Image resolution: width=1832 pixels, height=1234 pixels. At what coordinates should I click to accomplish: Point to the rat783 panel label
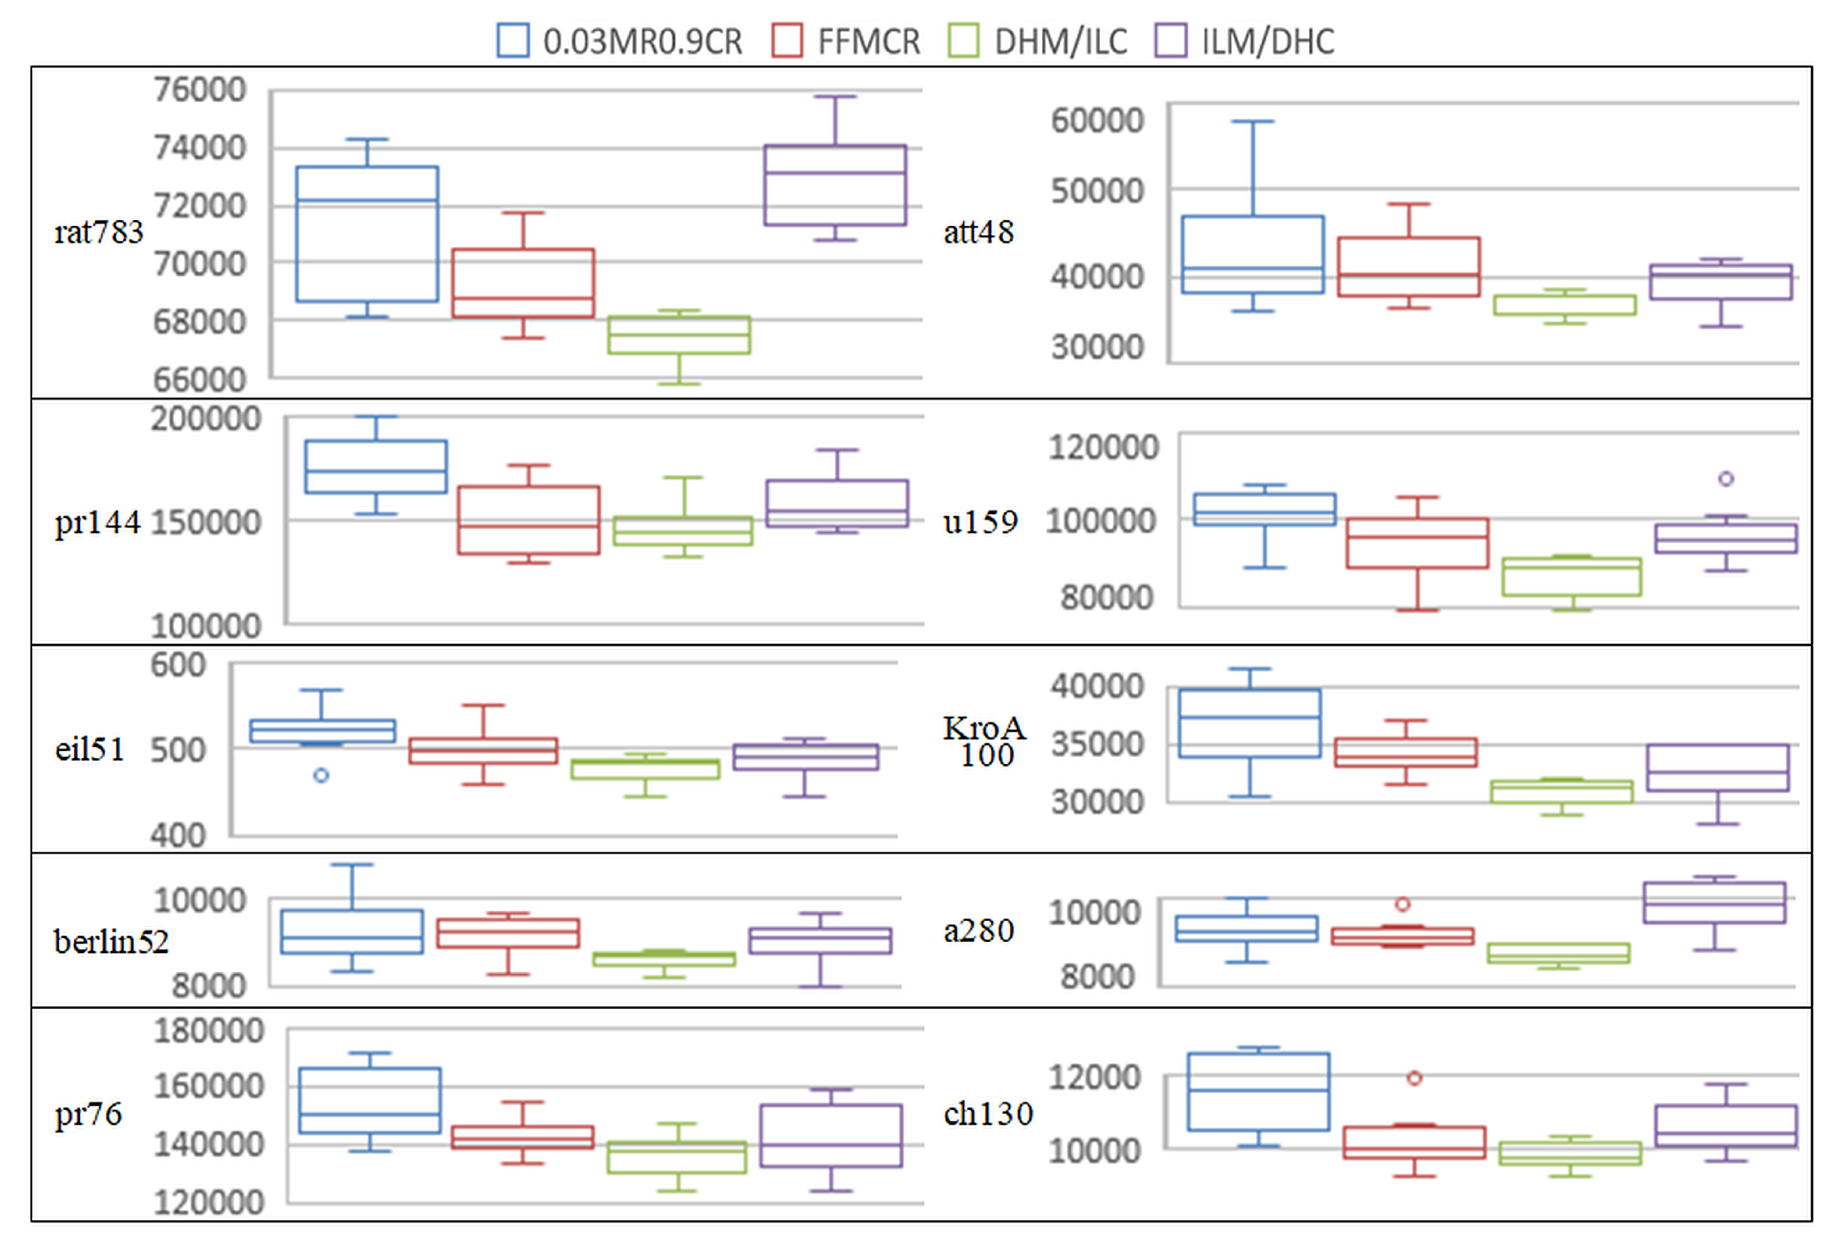pyautogui.click(x=99, y=232)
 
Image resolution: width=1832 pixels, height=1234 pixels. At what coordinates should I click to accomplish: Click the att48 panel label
pyautogui.click(x=978, y=232)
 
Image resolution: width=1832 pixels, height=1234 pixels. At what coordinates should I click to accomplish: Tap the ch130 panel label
pyautogui.click(x=988, y=1114)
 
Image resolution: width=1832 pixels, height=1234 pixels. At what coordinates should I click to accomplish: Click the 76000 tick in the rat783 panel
pyautogui.click(x=200, y=90)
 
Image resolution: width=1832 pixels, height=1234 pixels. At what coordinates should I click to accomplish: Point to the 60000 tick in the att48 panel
pyautogui.click(x=1097, y=120)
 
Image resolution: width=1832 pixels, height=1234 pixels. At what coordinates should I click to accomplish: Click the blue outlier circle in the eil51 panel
pyautogui.click(x=321, y=775)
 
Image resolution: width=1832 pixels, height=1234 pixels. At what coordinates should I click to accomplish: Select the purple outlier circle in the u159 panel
pyautogui.click(x=1726, y=478)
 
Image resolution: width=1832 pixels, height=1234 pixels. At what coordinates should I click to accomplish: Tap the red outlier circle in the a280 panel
pyautogui.click(x=1402, y=904)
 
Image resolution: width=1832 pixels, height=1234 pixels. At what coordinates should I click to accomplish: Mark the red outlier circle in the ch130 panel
pyautogui.click(x=1414, y=1078)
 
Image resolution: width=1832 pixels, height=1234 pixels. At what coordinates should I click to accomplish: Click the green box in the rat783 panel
pyautogui.click(x=679, y=335)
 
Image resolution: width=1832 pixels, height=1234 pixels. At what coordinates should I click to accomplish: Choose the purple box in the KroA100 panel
pyautogui.click(x=1718, y=767)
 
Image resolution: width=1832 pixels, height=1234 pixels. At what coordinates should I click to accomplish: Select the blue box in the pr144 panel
pyautogui.click(x=376, y=467)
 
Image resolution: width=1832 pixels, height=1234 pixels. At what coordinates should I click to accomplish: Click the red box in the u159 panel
pyautogui.click(x=1417, y=543)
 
